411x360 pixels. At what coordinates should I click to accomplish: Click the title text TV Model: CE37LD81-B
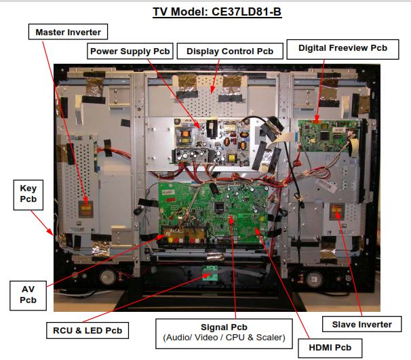(x=217, y=12)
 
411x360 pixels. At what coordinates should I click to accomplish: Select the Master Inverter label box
(x=68, y=32)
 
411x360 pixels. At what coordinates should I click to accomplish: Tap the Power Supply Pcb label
(x=130, y=51)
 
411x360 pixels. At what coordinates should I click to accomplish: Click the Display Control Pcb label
(x=230, y=51)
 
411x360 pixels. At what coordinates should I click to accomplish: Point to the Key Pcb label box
(x=28, y=195)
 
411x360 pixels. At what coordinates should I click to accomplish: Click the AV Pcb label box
(x=28, y=296)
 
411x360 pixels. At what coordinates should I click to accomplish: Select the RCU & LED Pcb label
(x=87, y=330)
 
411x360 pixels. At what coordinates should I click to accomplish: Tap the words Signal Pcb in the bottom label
(x=224, y=327)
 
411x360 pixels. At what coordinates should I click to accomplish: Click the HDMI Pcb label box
(x=330, y=348)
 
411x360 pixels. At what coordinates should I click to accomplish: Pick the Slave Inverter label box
(x=361, y=324)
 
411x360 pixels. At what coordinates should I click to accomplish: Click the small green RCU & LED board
(x=210, y=273)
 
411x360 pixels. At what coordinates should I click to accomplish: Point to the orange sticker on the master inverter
(x=86, y=208)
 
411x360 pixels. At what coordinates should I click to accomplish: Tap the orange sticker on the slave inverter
(x=336, y=210)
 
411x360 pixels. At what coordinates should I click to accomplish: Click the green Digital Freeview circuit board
(x=328, y=136)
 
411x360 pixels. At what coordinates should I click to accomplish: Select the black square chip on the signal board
(x=219, y=207)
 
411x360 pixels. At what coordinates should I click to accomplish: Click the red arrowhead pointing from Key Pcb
(x=50, y=231)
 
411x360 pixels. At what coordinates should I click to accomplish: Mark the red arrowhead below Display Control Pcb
(x=212, y=89)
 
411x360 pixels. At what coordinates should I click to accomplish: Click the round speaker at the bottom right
(x=314, y=279)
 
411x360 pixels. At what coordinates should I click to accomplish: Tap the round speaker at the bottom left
(x=107, y=277)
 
